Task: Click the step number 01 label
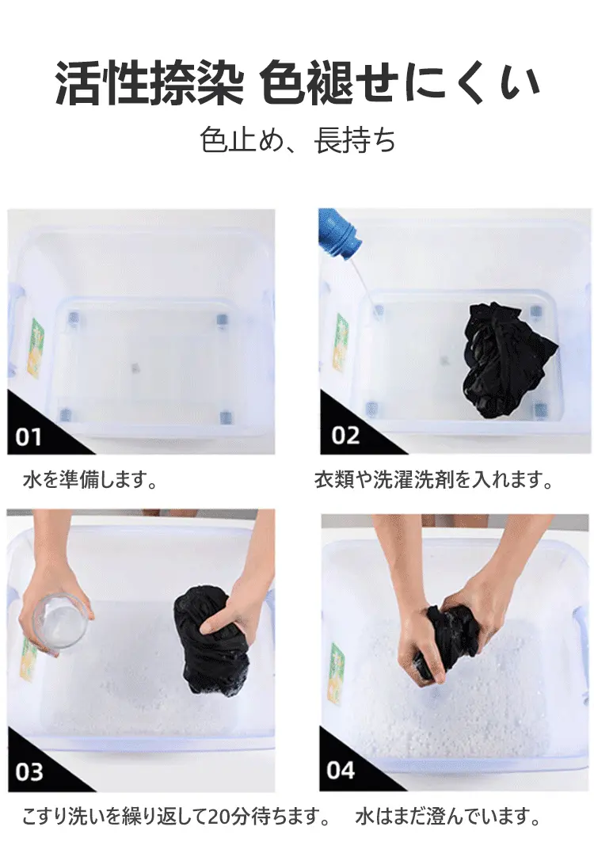pos(29,437)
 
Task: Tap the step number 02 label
pos(345,436)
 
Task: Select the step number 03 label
pos(29,771)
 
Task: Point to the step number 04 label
pos(341,770)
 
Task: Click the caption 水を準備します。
pos(90,480)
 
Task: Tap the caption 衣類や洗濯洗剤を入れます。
pos(434,480)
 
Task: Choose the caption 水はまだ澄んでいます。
pos(447,817)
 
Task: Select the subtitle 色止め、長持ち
pos(298,140)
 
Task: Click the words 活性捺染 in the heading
pos(149,83)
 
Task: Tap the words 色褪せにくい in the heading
pos(400,83)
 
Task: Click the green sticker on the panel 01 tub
pos(36,348)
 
